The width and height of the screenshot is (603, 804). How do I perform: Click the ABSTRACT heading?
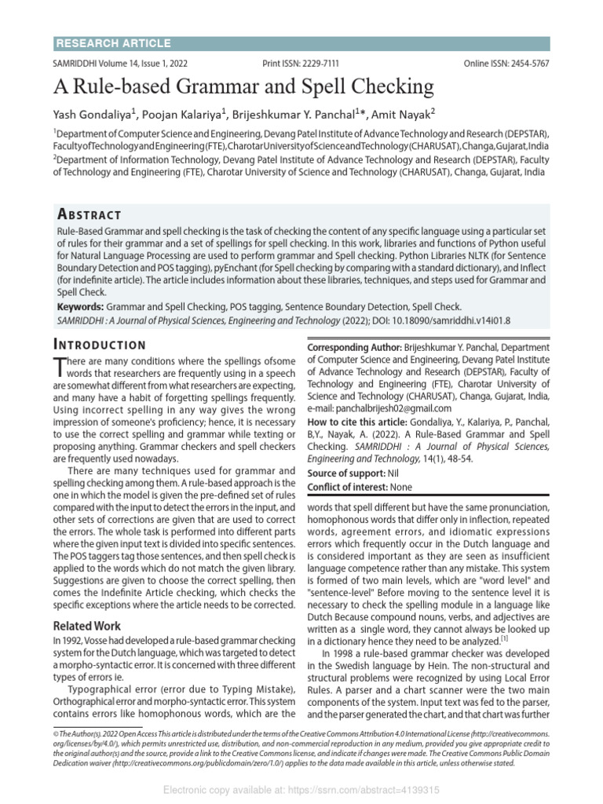90,215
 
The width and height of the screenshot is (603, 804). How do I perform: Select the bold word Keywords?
80,306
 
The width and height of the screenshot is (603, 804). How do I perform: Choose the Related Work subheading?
86,627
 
